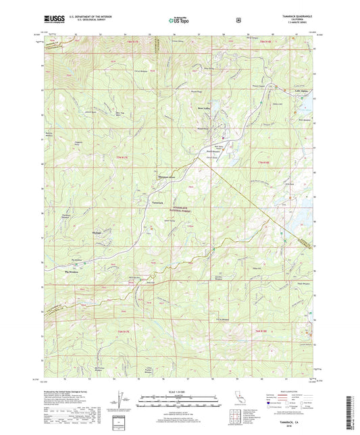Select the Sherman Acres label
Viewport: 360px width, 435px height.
[x=167, y=178]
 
